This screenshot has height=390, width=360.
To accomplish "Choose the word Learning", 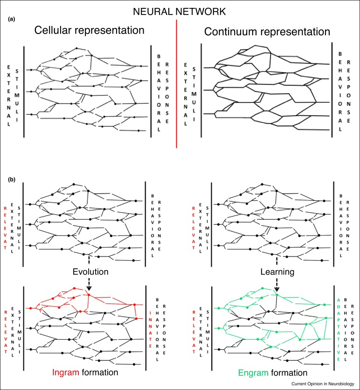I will click(x=276, y=271).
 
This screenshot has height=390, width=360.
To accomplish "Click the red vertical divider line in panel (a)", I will click(x=177, y=84).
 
